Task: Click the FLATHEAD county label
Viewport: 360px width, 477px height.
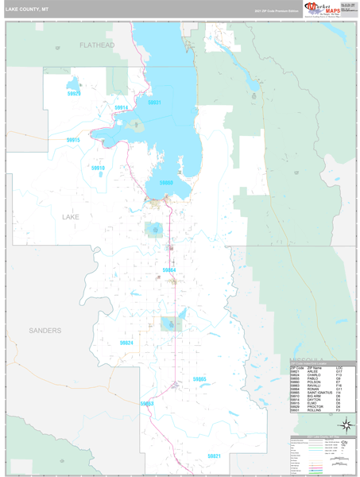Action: tap(97, 45)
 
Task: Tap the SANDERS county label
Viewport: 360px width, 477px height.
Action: tap(45, 329)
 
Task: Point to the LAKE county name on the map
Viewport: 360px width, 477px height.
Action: tap(71, 215)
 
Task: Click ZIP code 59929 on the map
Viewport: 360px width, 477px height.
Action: tap(74, 93)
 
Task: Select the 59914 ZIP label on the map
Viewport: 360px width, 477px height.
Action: tap(121, 107)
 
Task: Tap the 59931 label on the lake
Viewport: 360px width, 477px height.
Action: tap(154, 103)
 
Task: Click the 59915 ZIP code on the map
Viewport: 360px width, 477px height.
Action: tap(73, 140)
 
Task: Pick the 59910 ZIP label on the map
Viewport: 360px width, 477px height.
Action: tap(98, 169)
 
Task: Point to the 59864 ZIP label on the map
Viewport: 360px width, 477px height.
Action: tap(169, 270)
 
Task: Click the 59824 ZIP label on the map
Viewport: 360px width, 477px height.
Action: tap(126, 343)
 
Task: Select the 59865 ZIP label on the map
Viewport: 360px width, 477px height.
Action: tap(199, 379)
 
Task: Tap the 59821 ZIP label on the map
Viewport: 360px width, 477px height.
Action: tap(214, 456)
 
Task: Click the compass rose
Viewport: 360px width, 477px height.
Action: tap(346, 425)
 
